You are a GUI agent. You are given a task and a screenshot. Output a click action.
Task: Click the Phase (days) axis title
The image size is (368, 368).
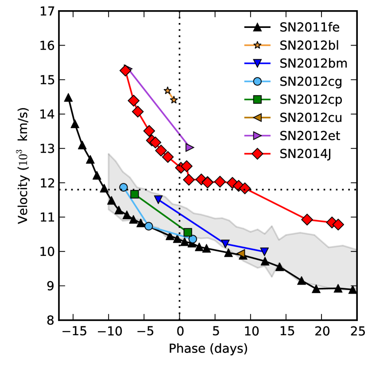coord(208,349)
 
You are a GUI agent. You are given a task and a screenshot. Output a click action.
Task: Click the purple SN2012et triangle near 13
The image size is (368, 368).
coord(190,147)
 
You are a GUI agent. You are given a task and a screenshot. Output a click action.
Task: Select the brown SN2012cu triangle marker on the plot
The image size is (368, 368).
coord(241,254)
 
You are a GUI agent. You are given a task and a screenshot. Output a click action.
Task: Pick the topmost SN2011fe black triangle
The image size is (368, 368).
coord(68,98)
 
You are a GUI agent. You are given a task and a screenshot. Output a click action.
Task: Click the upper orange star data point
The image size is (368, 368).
coord(167,91)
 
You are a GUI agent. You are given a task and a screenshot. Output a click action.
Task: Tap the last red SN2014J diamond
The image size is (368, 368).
coord(338,225)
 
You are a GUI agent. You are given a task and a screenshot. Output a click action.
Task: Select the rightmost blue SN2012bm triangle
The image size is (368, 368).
coord(264,251)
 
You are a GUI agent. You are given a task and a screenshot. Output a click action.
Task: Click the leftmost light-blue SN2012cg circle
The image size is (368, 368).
coord(124,187)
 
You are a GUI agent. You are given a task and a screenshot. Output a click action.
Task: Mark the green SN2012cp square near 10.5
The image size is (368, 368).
coord(188,232)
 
